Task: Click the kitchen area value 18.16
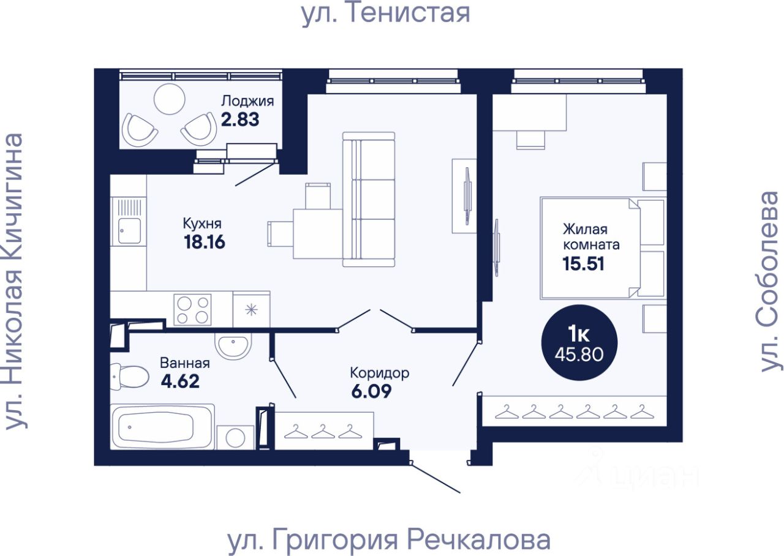click(205, 242)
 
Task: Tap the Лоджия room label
click(247, 101)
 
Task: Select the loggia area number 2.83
click(240, 119)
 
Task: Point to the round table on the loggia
click(170, 99)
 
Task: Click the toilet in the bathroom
click(128, 377)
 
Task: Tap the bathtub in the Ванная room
click(162, 427)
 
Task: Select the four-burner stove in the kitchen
click(192, 310)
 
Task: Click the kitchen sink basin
click(129, 231)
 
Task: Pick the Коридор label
click(380, 374)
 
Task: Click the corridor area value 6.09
click(371, 391)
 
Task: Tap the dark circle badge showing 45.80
click(579, 342)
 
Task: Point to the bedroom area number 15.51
click(584, 264)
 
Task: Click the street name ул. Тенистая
click(385, 13)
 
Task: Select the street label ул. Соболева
click(770, 281)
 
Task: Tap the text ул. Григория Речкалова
click(389, 541)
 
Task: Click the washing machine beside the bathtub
click(235, 437)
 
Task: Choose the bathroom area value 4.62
click(180, 381)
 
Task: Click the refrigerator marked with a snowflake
click(251, 310)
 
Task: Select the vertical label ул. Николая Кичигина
click(15, 281)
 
